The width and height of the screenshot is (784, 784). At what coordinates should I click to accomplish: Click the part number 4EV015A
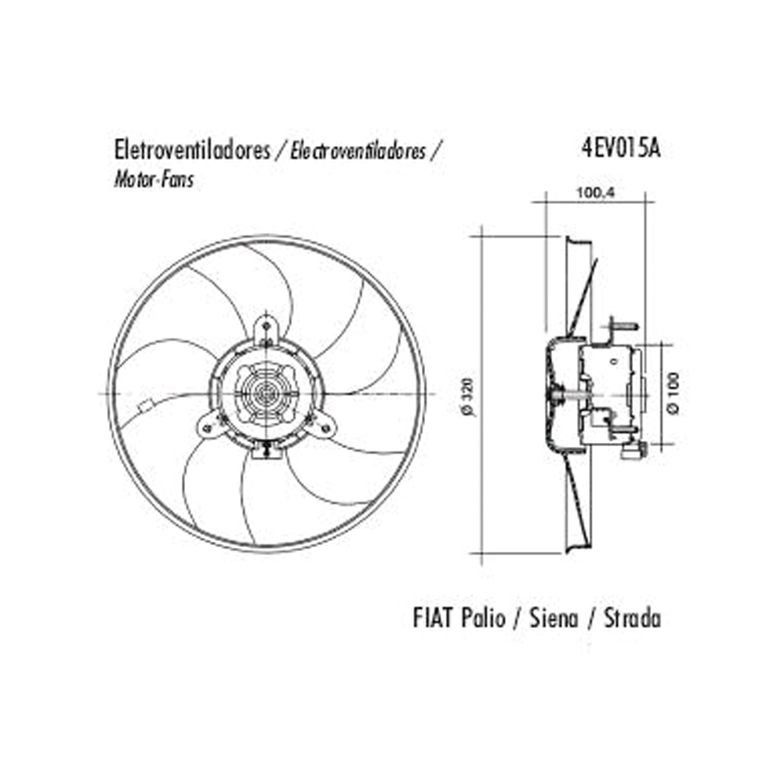[621, 149]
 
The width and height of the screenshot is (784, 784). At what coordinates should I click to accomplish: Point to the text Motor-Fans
[154, 180]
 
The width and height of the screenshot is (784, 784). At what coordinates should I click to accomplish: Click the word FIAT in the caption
[433, 618]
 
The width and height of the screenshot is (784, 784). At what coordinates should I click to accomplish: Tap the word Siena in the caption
[554, 618]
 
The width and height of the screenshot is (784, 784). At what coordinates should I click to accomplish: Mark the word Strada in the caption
[632, 618]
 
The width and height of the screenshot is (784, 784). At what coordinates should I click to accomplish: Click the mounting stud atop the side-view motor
[623, 325]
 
